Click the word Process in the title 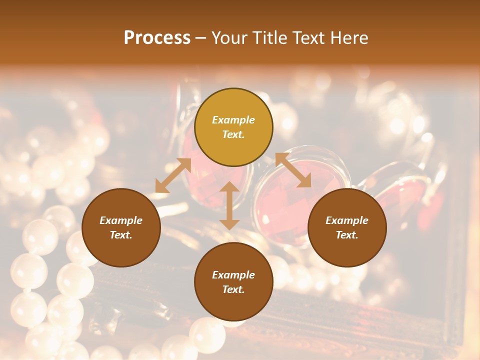click(157, 38)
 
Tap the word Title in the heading click(267, 38)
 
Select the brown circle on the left click(121, 227)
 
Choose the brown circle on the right click(347, 227)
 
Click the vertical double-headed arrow click(229, 205)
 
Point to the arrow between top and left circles click(173, 175)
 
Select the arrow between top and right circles click(293, 170)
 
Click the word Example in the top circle click(233, 120)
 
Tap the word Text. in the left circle click(121, 235)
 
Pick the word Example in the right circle click(347, 220)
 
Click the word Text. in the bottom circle click(233, 289)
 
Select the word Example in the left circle click(121, 220)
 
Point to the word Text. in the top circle click(233, 134)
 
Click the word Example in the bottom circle click(233, 275)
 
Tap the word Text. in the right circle click(347, 235)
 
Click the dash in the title click(201, 38)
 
